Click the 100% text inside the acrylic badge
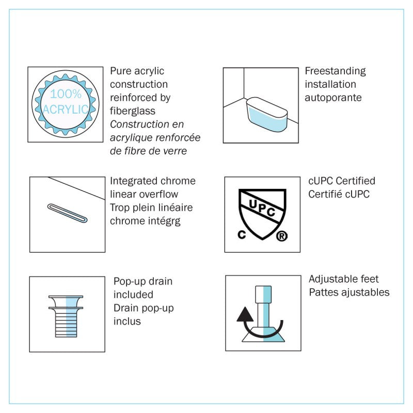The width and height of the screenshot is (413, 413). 66,94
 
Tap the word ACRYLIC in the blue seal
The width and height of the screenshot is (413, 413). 66,109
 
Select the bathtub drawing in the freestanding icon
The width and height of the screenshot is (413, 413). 266,115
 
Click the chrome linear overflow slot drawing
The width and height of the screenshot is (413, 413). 68,213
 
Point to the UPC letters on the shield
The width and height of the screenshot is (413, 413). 262,208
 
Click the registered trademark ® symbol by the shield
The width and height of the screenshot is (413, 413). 281,236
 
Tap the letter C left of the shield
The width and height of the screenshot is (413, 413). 242,234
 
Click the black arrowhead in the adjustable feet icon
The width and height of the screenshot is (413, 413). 245,314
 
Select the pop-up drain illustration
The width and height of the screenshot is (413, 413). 66,316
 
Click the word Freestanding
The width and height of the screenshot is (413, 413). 335,71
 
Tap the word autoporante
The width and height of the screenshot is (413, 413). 333,98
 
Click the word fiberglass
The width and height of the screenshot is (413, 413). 133,111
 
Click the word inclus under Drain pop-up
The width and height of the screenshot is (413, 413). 127,321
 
